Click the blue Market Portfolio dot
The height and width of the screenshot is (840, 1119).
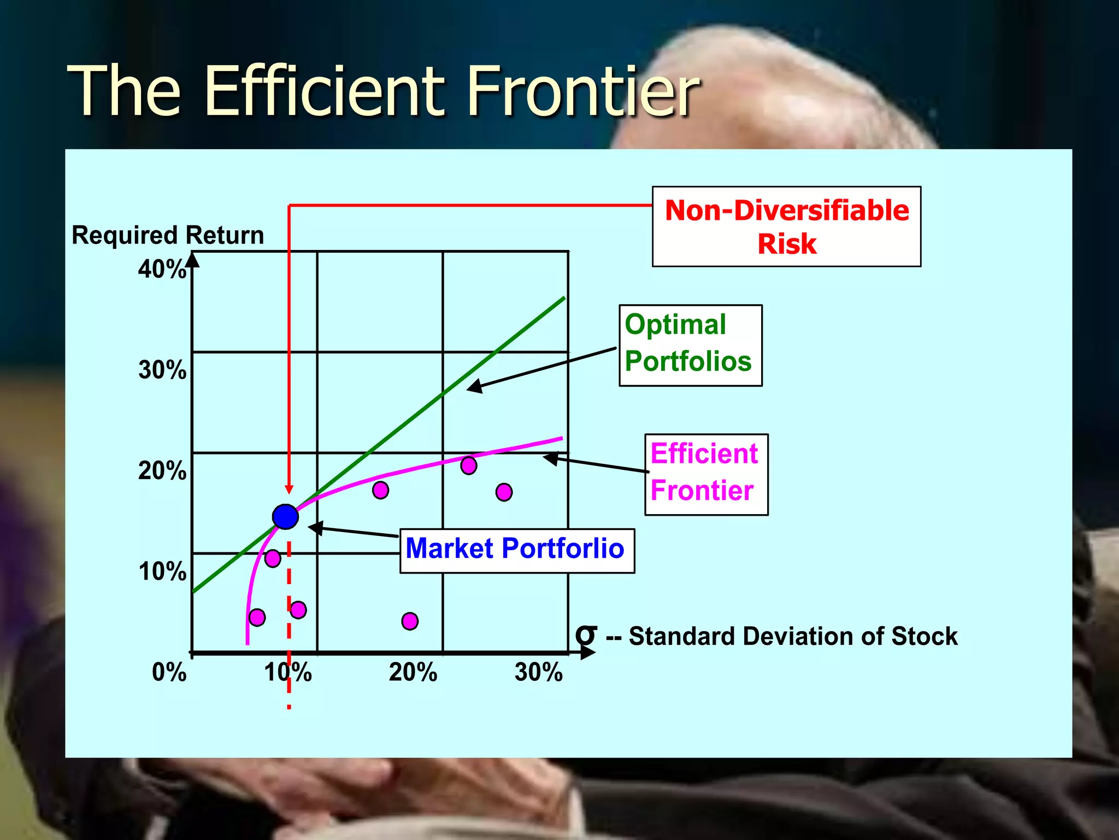point(285,517)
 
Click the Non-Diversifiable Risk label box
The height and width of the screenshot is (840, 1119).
point(786,226)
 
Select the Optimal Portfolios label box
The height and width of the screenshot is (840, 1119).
point(690,345)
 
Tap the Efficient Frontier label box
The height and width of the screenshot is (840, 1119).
point(706,474)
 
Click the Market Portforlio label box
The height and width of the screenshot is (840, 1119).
point(517,550)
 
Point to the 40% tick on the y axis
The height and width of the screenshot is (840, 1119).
point(162,270)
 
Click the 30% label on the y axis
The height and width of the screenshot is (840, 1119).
point(162,370)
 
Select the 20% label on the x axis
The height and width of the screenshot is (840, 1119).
point(413,672)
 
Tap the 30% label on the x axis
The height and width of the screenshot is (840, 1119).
point(538,672)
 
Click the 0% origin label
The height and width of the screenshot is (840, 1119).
point(169,672)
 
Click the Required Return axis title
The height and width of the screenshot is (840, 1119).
point(168,235)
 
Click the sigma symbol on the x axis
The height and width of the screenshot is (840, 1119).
point(586,635)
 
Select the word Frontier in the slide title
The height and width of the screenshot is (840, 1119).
point(583,91)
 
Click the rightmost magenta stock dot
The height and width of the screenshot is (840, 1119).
point(504,492)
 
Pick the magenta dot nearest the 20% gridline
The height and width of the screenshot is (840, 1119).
point(468,465)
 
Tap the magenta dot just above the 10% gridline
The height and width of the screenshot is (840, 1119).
point(273,558)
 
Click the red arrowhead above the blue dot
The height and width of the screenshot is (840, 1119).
point(289,489)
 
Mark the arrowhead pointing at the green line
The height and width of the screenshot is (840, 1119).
point(474,387)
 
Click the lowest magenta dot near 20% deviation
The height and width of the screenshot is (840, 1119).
point(410,621)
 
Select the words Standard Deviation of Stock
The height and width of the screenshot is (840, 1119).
point(793,637)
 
